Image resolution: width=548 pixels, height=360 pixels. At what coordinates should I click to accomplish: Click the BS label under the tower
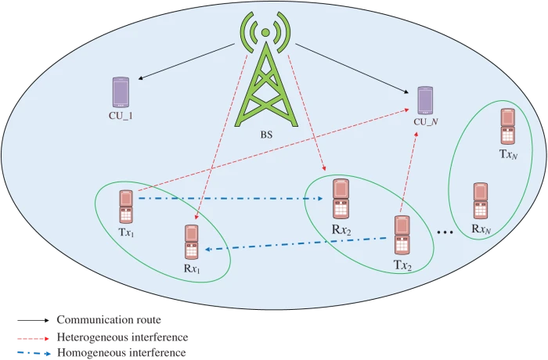click(x=267, y=134)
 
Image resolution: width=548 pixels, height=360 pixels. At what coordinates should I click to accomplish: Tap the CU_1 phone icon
click(x=121, y=92)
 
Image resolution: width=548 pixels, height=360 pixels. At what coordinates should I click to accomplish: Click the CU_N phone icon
click(x=424, y=101)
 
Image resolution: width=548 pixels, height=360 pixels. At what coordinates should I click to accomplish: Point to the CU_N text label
click(x=424, y=123)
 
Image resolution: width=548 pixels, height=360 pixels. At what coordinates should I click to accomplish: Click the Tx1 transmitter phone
click(x=125, y=207)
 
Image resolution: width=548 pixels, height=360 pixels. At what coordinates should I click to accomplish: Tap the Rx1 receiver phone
click(x=190, y=242)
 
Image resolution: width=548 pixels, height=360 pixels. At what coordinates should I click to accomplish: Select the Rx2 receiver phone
click(x=340, y=200)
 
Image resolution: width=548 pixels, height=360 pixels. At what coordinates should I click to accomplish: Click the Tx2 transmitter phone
click(x=402, y=235)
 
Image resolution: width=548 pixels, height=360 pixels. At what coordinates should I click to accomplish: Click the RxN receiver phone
click(x=481, y=201)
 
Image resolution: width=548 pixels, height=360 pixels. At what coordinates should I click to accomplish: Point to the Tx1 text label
click(x=124, y=232)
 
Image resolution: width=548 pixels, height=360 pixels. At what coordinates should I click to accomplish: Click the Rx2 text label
click(x=341, y=230)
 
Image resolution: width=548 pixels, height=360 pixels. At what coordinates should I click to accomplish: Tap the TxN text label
click(x=508, y=154)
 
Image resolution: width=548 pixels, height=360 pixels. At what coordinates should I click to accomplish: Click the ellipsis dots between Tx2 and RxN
click(x=445, y=232)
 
